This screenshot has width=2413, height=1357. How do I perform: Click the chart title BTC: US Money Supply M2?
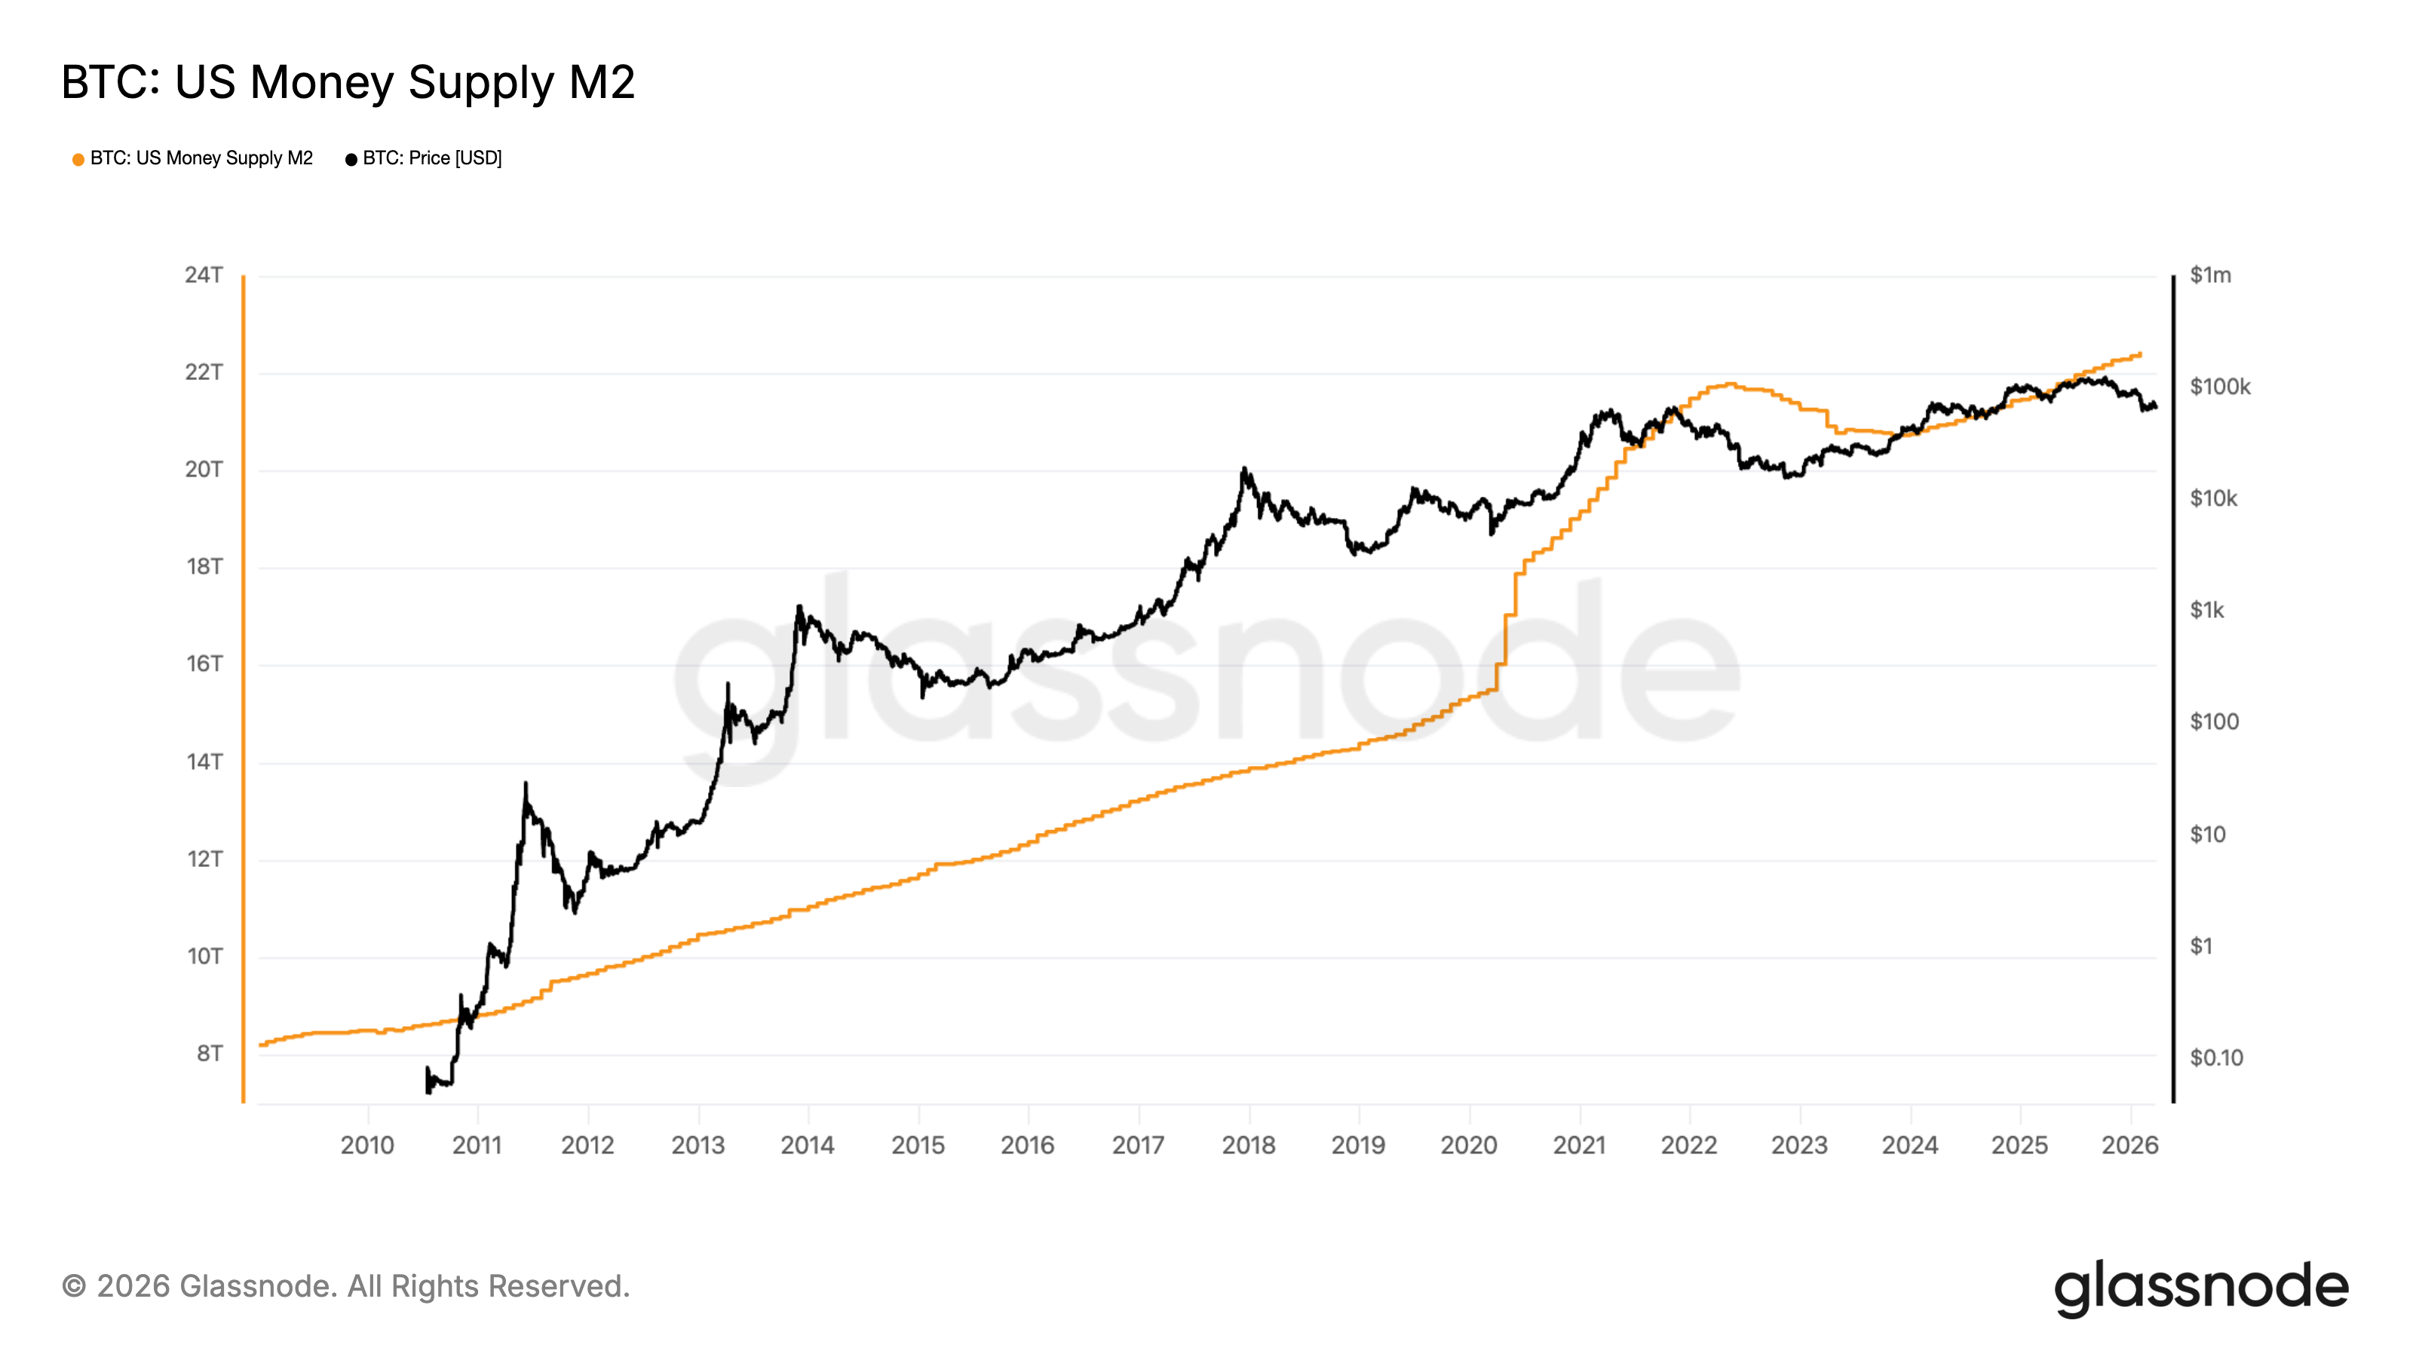(x=348, y=82)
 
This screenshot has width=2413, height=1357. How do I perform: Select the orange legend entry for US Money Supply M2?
(x=193, y=158)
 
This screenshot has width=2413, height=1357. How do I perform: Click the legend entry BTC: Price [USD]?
(x=425, y=158)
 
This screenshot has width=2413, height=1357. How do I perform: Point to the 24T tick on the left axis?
(x=204, y=275)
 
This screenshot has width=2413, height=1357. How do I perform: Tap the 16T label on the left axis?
(x=204, y=664)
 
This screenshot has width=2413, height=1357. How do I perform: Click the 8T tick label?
(x=209, y=1054)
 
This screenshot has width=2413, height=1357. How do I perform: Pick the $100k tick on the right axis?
(x=2219, y=387)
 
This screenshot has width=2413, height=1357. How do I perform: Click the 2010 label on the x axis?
(x=367, y=1144)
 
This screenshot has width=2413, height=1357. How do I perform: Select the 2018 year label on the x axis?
(x=1248, y=1144)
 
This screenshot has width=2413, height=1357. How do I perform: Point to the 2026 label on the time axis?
(x=2129, y=1144)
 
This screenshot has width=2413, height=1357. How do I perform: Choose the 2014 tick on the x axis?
(x=808, y=1144)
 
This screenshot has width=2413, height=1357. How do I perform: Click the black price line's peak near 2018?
(x=1244, y=468)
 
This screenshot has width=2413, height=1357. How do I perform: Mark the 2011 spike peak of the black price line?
(x=526, y=783)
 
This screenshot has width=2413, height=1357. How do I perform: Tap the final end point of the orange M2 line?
(x=2141, y=354)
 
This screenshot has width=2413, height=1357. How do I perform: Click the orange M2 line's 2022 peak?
(x=1729, y=384)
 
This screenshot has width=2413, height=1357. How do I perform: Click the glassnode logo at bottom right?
(x=2201, y=1288)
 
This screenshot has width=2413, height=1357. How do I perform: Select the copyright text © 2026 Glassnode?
(x=345, y=1286)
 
